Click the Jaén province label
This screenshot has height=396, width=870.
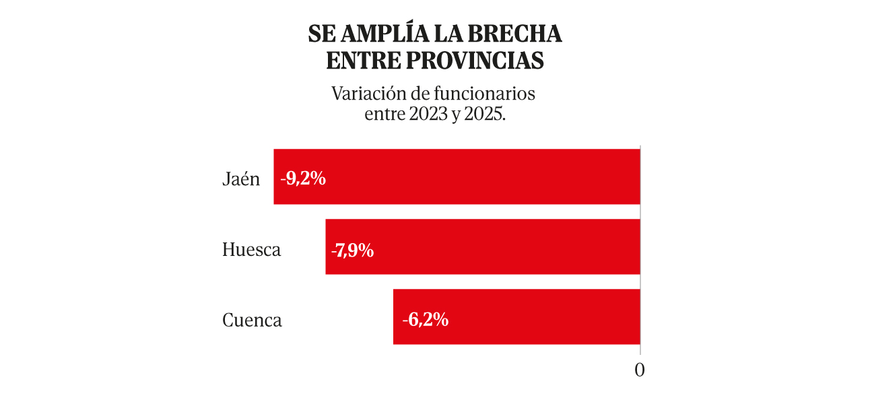click(241, 179)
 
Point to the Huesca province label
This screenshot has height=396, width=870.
click(251, 250)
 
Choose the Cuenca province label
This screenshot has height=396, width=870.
click(252, 320)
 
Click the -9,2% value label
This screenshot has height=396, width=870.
click(304, 178)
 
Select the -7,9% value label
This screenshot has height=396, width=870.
click(353, 250)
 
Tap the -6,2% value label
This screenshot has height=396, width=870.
click(425, 320)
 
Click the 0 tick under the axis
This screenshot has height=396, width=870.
click(640, 370)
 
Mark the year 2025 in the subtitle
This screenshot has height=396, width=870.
click(487, 114)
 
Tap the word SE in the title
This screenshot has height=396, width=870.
click(321, 33)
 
